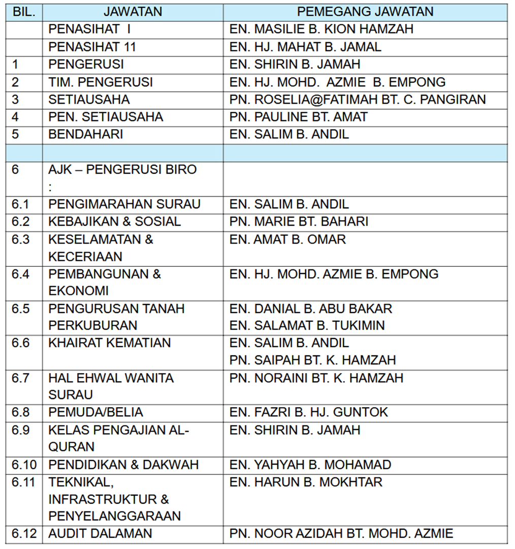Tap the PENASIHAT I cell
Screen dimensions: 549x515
click(90, 29)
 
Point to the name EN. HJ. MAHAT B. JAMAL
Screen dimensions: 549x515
click(305, 47)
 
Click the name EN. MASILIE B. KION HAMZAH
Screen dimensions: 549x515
click(321, 29)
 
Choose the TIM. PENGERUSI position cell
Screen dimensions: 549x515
click(101, 82)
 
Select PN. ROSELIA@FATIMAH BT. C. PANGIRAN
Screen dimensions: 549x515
click(358, 100)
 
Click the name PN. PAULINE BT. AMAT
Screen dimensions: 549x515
click(298, 117)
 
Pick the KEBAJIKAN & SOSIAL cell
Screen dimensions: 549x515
click(115, 222)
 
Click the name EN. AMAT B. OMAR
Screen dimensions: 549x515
click(287, 239)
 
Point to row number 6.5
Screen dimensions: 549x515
click(21, 309)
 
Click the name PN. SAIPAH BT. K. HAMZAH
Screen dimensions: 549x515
click(312, 360)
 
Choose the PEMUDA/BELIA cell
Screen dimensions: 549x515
click(96, 412)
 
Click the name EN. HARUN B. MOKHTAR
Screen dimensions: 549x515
click(306, 482)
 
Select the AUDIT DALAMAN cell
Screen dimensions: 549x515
click(100, 534)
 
